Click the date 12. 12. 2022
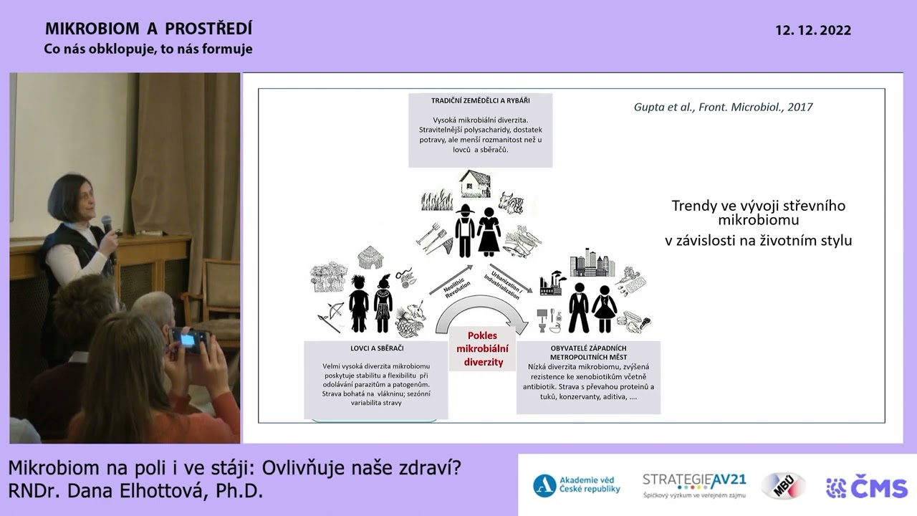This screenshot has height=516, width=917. (812, 31)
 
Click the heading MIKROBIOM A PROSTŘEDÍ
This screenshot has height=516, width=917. (148, 29)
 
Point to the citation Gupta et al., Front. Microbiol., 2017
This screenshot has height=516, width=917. (724, 107)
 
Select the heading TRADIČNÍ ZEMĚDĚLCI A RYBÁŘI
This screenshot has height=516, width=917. (481, 101)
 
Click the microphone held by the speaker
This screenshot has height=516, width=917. (106, 224)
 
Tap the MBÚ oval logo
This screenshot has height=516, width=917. (782, 486)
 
